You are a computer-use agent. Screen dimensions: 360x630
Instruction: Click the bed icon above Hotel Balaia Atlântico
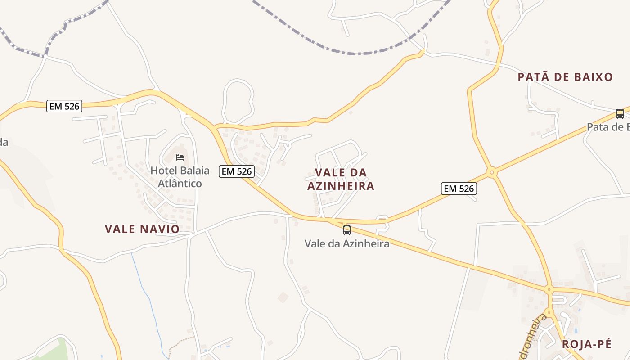[x=180, y=157]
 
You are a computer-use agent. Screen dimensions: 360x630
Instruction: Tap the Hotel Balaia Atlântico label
[x=180, y=177]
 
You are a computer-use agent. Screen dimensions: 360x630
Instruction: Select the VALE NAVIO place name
[x=142, y=229]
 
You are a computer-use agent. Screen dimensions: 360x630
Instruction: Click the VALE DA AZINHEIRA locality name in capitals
[x=341, y=179]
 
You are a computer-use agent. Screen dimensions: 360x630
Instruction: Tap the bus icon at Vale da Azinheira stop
[x=346, y=230]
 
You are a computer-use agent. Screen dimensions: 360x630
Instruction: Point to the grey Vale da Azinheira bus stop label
[x=346, y=244]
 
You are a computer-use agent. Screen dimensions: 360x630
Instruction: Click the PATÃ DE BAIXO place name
[x=565, y=77]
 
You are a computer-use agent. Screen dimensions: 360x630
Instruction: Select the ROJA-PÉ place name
[x=587, y=344]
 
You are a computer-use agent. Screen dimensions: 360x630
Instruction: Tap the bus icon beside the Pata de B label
[x=620, y=114]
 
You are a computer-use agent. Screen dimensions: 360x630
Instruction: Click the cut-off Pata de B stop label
[x=608, y=127]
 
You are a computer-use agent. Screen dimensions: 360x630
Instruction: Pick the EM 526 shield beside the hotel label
[x=237, y=171]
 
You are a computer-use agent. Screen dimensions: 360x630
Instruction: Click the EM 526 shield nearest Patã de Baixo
[x=459, y=189]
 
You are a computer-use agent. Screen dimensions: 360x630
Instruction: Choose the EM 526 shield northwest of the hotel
[x=64, y=106]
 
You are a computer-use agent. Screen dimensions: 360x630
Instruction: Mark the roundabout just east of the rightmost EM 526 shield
[x=492, y=172]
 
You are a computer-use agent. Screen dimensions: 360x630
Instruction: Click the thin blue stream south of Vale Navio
[x=144, y=288]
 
